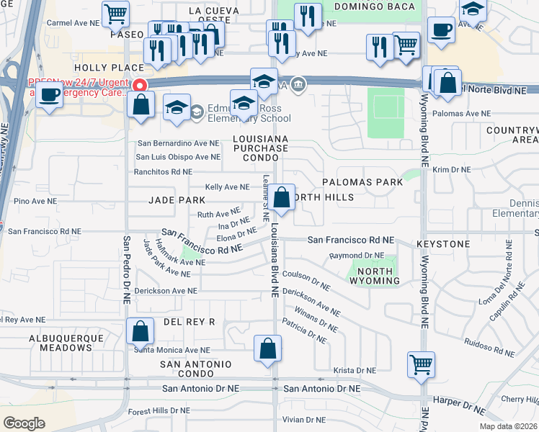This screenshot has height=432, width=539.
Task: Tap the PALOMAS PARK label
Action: pyautogui.click(x=362, y=182)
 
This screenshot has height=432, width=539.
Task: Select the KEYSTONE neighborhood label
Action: pyautogui.click(x=442, y=245)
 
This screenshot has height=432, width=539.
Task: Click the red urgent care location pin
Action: pyautogui.click(x=141, y=85)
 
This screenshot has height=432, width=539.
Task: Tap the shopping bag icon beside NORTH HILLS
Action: pyautogui.click(x=283, y=197)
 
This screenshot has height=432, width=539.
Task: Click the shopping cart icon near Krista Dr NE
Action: pyautogui.click(x=420, y=364)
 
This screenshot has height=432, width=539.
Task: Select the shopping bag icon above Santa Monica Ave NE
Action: pyautogui.click(x=141, y=331)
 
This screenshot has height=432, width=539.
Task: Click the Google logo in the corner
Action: pyautogui.click(x=24, y=423)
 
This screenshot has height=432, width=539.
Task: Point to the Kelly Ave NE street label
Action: pyautogui.click(x=227, y=186)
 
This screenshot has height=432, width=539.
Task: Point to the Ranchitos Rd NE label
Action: pyautogui.click(x=163, y=172)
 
